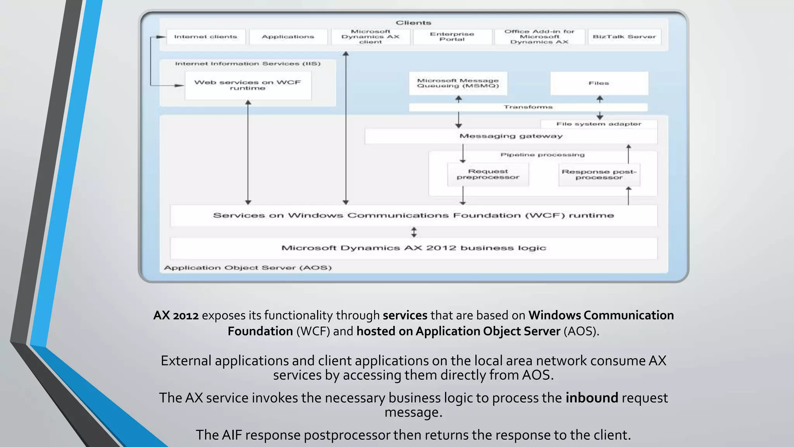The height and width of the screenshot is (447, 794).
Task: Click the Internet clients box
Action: pyautogui.click(x=206, y=37)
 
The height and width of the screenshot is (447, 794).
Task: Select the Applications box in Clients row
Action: pyautogui.click(x=288, y=37)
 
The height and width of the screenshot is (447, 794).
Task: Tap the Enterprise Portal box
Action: pyautogui.click(x=452, y=37)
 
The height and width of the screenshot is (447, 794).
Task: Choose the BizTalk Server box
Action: pyautogui.click(x=624, y=37)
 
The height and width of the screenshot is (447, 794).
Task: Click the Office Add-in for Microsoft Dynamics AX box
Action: pyautogui.click(x=539, y=37)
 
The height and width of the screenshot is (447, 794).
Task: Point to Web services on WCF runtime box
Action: pyautogui.click(x=248, y=85)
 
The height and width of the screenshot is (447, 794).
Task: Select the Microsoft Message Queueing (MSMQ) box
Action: pyautogui.click(x=458, y=83)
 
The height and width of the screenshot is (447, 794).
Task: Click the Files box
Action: pyautogui.click(x=599, y=83)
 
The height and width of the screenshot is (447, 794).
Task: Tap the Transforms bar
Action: pyautogui.click(x=528, y=107)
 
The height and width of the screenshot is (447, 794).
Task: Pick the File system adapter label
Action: pyautogui.click(x=599, y=124)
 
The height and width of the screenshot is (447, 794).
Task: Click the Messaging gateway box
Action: pyautogui.click(x=511, y=136)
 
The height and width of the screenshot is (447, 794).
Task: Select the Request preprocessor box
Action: pyautogui.click(x=488, y=174)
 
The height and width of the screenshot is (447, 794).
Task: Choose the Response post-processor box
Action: pyautogui.click(x=599, y=175)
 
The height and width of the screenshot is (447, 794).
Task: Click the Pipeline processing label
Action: pyautogui.click(x=542, y=155)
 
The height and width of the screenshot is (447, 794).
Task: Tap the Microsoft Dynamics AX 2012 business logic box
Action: pyautogui.click(x=414, y=248)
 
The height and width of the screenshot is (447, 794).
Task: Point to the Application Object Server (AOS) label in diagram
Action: pyautogui.click(x=248, y=268)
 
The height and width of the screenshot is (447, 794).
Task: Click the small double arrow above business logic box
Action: pyautogui.click(x=414, y=232)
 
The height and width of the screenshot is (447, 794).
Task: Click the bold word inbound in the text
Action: pyautogui.click(x=592, y=398)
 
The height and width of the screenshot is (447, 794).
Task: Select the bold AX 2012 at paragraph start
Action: pyautogui.click(x=176, y=315)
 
